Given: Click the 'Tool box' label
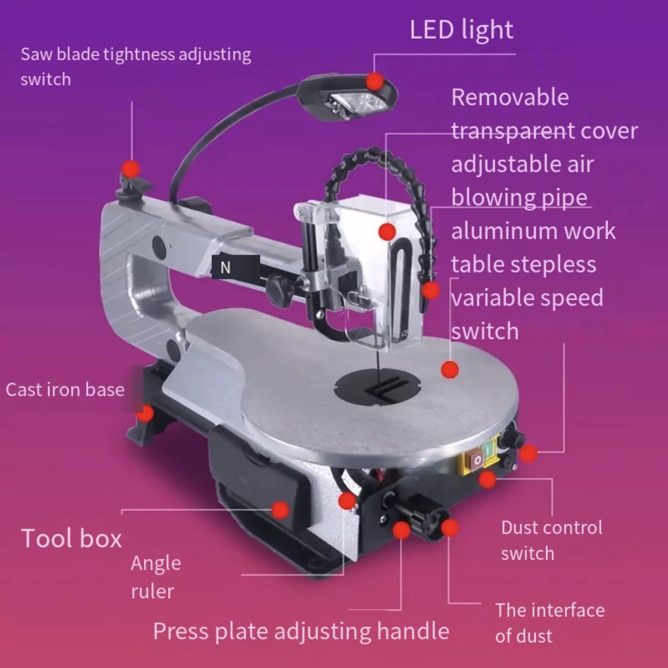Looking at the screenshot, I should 72,538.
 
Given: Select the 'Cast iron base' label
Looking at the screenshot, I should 65,390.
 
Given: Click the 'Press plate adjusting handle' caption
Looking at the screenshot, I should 301,631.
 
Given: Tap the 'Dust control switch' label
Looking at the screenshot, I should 552,540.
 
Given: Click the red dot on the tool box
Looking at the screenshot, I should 280,510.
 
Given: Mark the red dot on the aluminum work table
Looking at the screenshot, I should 450,370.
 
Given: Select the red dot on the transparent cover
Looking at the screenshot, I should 387,231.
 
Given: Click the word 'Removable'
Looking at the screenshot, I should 510,97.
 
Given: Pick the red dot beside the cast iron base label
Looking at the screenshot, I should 145,413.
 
